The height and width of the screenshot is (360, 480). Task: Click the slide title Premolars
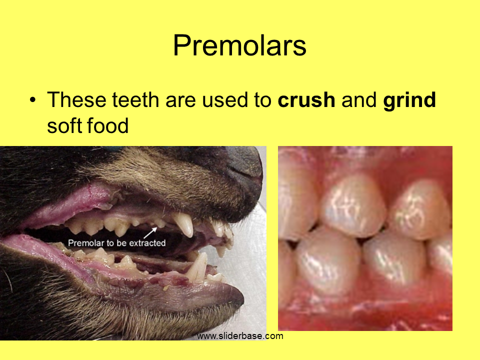239,45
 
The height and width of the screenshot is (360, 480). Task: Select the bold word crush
306,100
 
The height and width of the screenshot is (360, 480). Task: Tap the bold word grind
409,100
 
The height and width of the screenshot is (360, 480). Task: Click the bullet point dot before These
33,100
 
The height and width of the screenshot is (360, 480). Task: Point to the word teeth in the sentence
135,100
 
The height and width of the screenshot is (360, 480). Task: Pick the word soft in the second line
63,125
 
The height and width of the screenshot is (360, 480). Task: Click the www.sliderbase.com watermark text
240,336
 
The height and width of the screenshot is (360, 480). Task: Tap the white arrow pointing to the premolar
150,232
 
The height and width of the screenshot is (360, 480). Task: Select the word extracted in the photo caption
147,243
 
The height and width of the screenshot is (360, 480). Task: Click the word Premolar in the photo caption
86,243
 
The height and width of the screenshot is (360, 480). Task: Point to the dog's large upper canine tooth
184,224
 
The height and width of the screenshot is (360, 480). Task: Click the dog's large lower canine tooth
197,266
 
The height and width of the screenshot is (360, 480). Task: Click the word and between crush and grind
359,100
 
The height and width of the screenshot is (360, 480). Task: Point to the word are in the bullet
180,101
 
